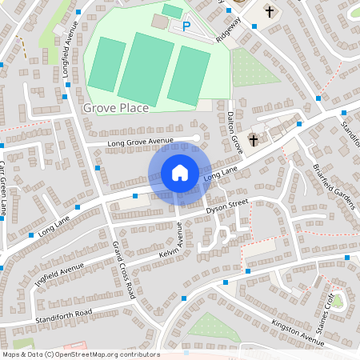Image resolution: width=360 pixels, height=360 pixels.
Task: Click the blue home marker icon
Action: tap(180, 173)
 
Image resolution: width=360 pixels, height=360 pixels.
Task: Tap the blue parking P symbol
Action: tap(186, 26)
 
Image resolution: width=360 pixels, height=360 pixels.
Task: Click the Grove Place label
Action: tap(115, 106)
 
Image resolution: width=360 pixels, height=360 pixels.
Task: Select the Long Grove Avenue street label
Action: tap(141, 142)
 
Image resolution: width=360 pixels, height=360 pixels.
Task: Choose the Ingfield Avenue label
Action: tap(59, 276)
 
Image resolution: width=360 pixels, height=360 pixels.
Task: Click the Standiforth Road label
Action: tap(63, 313)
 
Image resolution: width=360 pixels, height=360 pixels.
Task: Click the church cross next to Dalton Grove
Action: tap(254, 140)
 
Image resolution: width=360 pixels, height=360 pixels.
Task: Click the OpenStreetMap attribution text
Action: tap(81, 354)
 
